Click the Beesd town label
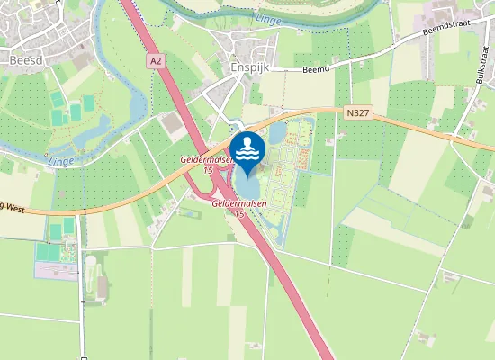(x=27, y=60)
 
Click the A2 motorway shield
(x=156, y=60)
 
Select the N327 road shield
(x=355, y=112)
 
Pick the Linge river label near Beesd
(x=60, y=161)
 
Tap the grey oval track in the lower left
(x=90, y=263)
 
